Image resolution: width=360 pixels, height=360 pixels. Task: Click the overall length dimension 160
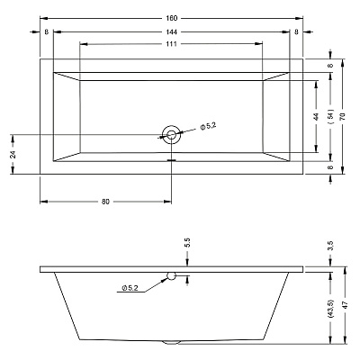coord(171,18)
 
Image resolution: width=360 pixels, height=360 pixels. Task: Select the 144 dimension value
coord(171,31)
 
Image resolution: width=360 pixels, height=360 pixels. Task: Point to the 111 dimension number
coord(171,44)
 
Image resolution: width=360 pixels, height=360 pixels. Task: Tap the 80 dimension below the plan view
coord(105,202)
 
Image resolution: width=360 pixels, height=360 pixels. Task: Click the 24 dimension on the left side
coord(13,154)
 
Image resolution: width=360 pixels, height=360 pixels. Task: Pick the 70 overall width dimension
coord(343,116)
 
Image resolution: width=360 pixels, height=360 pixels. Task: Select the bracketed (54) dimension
coord(330,116)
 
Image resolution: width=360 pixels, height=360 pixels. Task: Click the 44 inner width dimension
coord(316,116)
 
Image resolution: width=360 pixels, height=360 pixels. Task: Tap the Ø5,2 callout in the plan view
coord(208,127)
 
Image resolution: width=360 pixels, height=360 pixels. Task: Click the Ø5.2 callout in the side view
coord(130,288)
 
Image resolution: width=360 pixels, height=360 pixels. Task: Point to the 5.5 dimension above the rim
coord(187,242)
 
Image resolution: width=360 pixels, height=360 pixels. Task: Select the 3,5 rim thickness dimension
coord(330,245)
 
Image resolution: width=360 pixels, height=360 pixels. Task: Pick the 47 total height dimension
coord(345,305)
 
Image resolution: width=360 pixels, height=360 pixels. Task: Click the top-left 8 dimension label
coord(46,31)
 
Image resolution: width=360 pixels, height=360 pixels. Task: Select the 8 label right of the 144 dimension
coord(296,31)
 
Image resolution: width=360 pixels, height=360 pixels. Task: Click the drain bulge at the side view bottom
coord(171,342)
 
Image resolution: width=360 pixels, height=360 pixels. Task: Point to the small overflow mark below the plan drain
coord(171,160)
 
